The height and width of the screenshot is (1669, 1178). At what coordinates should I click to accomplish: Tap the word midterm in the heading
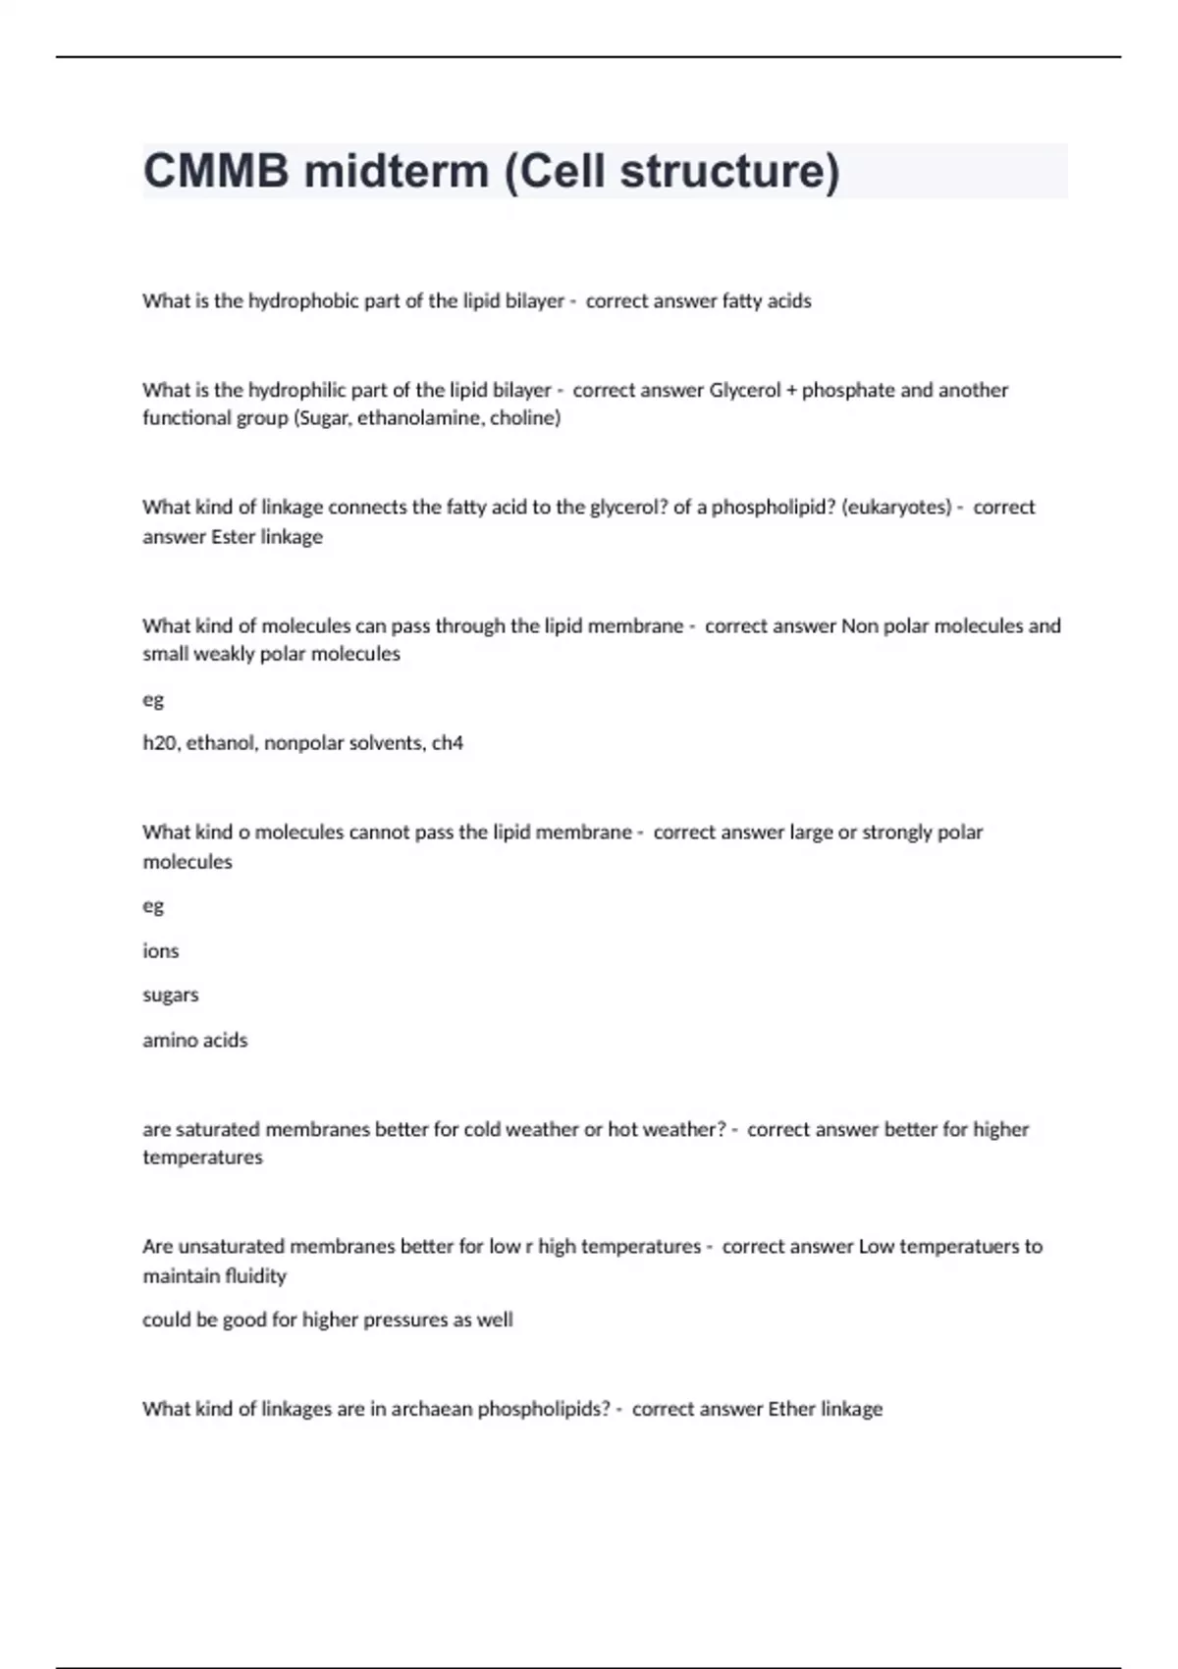(397, 171)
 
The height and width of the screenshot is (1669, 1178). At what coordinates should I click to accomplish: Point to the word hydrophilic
(297, 390)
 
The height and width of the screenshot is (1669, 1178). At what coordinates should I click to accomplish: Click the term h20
(160, 743)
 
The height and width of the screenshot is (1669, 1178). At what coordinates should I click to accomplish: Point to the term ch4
(448, 743)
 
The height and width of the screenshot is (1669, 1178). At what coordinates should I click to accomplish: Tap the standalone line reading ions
(161, 950)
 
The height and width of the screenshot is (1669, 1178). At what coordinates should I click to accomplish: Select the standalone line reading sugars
(171, 995)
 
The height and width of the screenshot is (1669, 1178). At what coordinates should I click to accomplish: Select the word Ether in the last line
(791, 1409)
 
